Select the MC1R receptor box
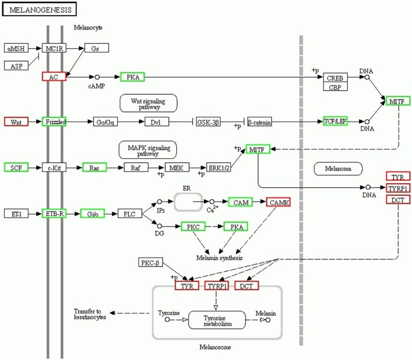click(54, 48)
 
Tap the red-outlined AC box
click(54, 76)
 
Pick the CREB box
click(335, 77)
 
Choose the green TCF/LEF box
click(336, 121)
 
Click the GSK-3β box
click(209, 122)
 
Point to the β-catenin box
click(259, 122)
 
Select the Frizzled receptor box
click(54, 122)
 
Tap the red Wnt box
click(16, 122)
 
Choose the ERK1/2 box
click(218, 167)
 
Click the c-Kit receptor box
click(54, 167)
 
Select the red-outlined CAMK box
click(278, 202)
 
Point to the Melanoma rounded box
click(339, 168)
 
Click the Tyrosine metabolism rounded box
click(217, 320)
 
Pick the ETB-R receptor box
click(54, 213)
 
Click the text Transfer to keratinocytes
click(90, 313)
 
